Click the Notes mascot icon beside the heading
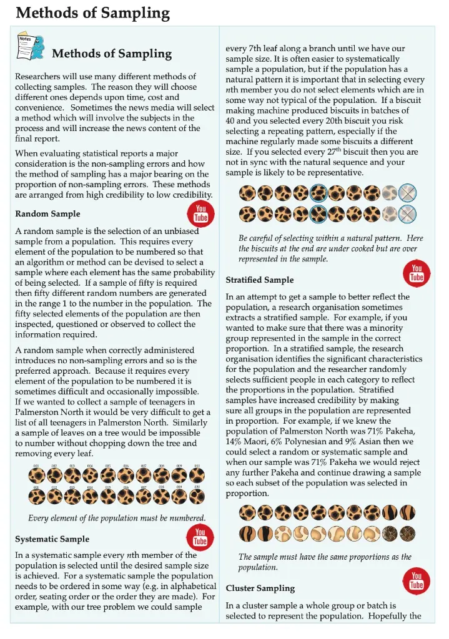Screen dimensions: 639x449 [31, 47]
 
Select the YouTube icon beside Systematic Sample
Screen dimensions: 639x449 [200, 536]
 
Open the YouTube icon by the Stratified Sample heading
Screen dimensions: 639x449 [417, 272]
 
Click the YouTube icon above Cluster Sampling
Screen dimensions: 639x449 [417, 580]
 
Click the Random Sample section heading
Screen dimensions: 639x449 [47, 214]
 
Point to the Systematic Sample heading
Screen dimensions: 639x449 [52, 539]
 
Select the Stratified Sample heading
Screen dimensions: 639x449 [259, 280]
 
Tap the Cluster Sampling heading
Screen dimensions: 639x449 [260, 588]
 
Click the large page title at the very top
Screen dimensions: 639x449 [92, 12]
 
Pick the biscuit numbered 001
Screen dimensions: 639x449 [37, 476]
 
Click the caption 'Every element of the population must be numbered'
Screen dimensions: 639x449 [117, 518]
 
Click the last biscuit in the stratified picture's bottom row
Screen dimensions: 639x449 [407, 534]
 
